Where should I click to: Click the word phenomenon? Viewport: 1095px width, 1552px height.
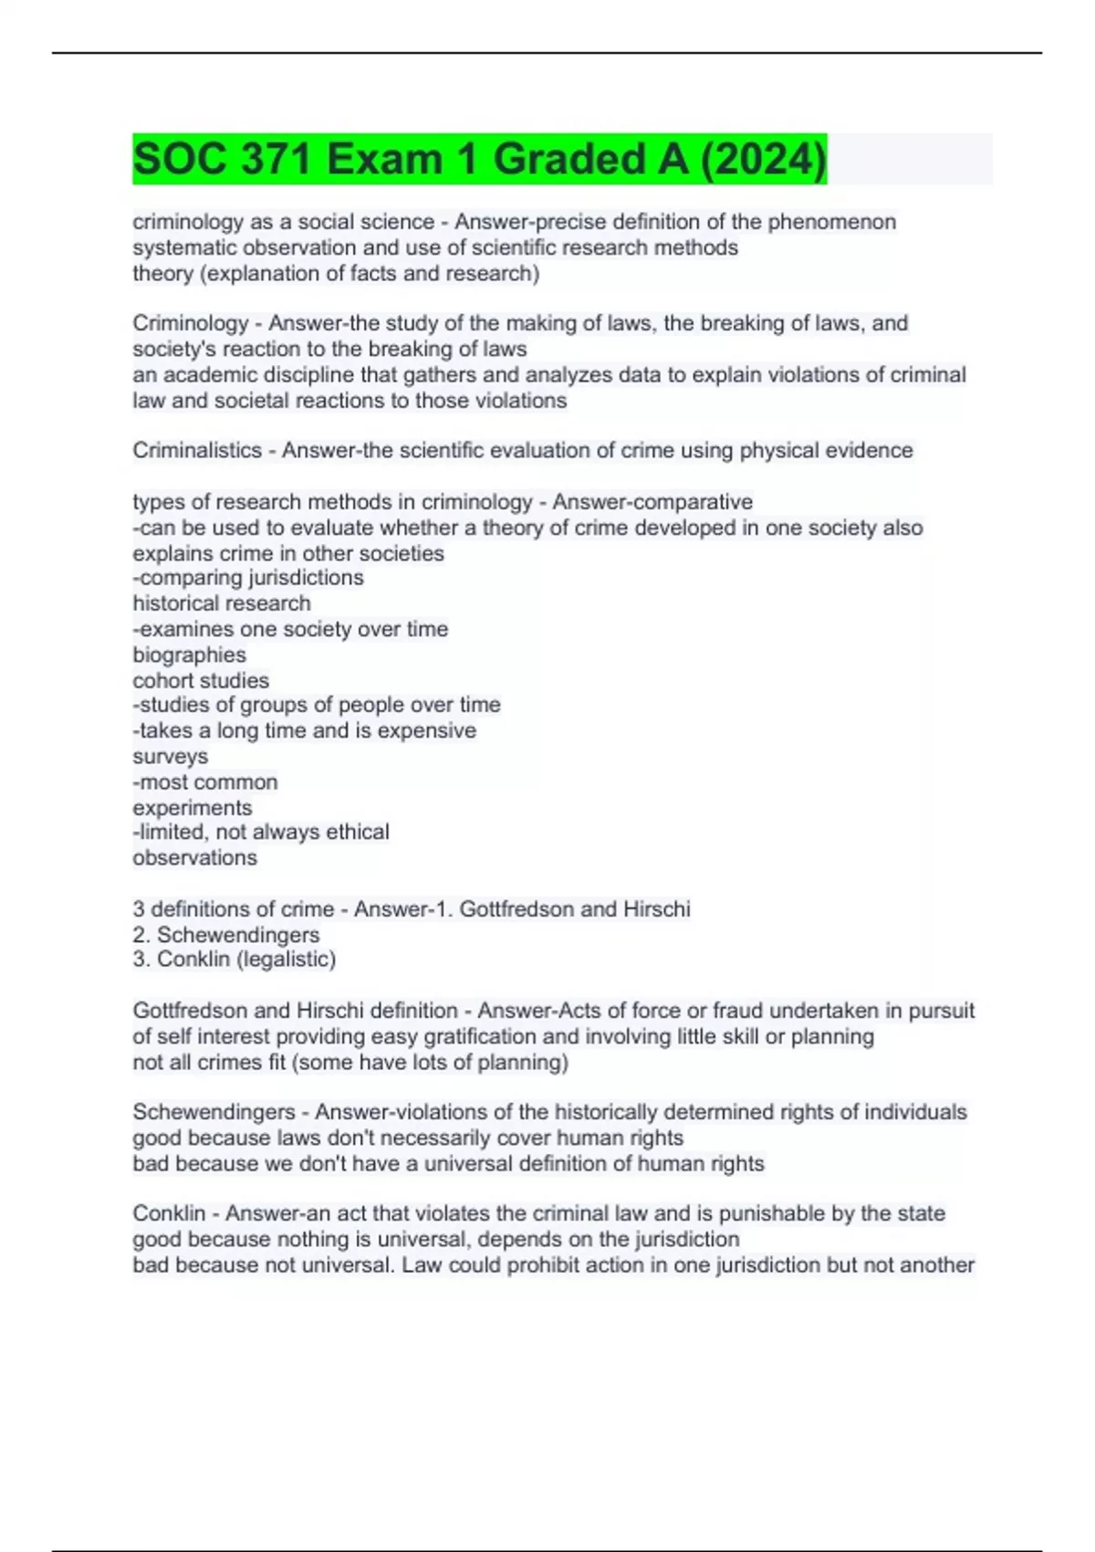(831, 222)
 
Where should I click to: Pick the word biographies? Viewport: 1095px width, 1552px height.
(189, 655)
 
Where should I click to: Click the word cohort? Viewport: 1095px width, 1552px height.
(162, 680)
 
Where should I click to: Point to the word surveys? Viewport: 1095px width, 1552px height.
(170, 757)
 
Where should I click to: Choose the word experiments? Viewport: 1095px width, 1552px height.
(192, 808)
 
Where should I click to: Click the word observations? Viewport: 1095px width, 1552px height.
(194, 858)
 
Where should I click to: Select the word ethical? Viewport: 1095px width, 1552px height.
(355, 832)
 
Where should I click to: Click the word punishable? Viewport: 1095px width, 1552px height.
(787, 1213)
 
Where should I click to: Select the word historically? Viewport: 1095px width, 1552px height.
(606, 1112)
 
